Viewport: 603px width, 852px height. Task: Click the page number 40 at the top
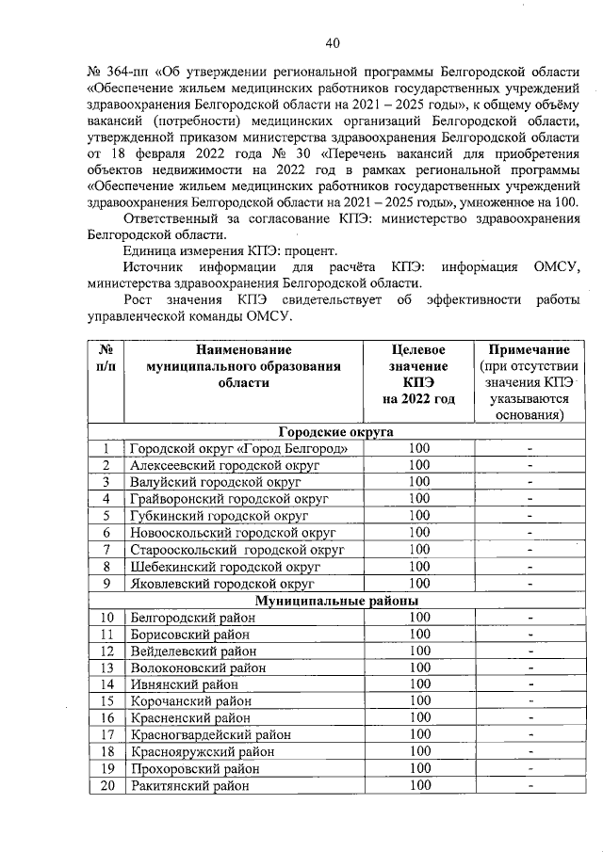pyautogui.click(x=331, y=41)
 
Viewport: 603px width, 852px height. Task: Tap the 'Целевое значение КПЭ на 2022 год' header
pyautogui.click(x=418, y=374)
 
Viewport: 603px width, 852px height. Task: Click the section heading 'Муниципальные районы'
pyautogui.click(x=338, y=600)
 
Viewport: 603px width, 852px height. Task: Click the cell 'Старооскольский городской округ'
pyautogui.click(x=236, y=549)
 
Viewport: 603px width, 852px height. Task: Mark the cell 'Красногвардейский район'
pyautogui.click(x=210, y=734)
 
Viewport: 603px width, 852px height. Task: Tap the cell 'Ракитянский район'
pyautogui.click(x=190, y=785)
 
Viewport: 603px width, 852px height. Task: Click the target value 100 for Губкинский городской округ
pyautogui.click(x=418, y=515)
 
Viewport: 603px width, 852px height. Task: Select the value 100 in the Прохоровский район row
pyautogui.click(x=418, y=768)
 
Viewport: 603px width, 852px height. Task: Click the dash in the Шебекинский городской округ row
pyautogui.click(x=530, y=567)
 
